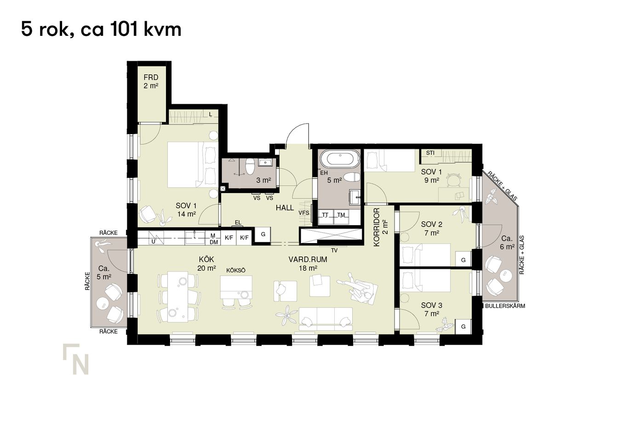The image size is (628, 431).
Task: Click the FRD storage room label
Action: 151,77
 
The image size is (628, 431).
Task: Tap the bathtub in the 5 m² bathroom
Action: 340,159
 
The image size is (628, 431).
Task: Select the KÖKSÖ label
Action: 236,271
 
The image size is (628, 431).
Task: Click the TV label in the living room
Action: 334,251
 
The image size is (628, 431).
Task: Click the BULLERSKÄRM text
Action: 505,306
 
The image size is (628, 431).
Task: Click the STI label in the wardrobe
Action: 430,153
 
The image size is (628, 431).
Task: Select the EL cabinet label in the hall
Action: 238,223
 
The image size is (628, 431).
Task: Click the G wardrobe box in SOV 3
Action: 463,327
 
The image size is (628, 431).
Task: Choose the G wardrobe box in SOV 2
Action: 463,260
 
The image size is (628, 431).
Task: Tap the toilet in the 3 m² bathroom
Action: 250,166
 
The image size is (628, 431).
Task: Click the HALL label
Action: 285,208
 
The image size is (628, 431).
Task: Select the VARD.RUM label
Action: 308,260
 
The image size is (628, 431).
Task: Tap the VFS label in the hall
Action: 303,213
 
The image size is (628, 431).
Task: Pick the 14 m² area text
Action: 187,215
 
